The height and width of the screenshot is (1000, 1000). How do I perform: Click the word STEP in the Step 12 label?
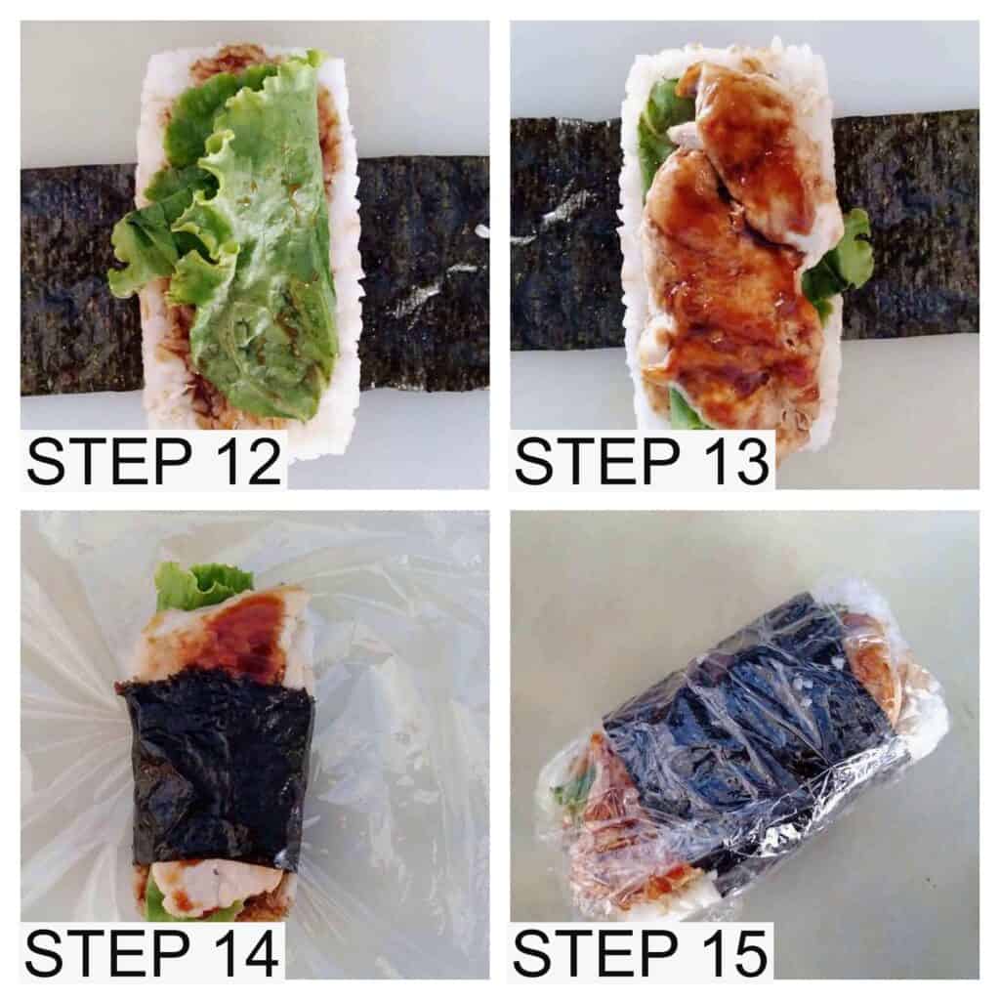(x=107, y=461)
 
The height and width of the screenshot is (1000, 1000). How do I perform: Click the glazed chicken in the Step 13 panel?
(x=723, y=283)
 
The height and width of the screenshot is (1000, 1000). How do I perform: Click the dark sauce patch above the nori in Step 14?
(x=239, y=635)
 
